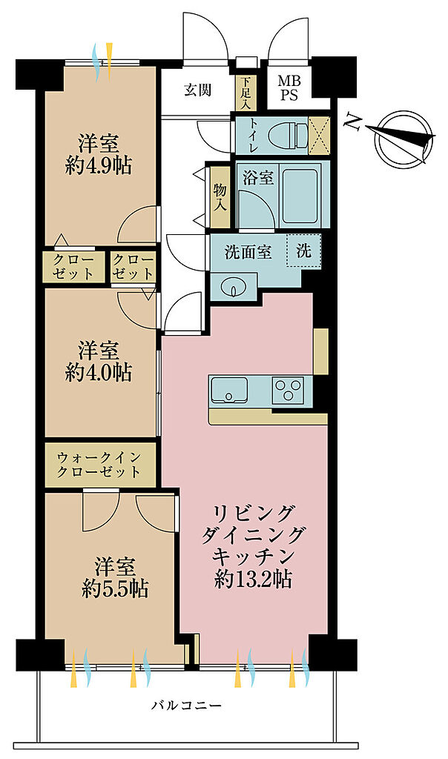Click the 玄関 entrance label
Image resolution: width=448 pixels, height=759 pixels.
197,90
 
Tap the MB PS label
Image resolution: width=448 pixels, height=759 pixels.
289,87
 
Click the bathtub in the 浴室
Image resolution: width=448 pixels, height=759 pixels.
300,195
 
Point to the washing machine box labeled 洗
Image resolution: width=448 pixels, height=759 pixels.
303,251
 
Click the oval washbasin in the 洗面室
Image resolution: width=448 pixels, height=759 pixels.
233,287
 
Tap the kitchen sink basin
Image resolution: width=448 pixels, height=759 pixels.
229,389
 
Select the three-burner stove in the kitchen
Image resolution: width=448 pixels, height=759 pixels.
288,389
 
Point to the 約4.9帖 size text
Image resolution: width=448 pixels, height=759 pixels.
99,166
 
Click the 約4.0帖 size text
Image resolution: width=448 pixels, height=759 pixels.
99,372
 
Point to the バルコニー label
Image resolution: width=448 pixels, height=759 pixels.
186,706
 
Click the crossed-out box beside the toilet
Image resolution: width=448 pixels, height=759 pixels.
320,136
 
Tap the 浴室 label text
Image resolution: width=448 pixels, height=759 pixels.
258,178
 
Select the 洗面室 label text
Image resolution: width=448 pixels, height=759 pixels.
248,252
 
